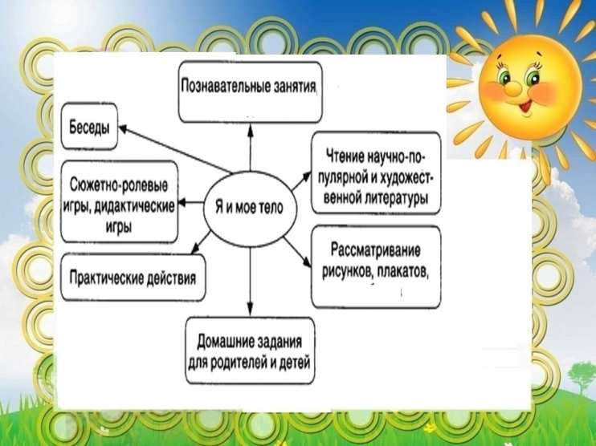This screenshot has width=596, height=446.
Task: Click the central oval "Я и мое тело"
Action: tap(251, 205)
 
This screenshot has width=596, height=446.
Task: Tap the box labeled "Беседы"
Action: tap(90, 127)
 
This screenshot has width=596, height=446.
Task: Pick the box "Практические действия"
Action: tap(133, 278)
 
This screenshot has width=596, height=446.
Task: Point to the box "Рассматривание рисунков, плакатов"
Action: tap(374, 262)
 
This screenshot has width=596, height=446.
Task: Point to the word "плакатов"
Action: tap(402, 270)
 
